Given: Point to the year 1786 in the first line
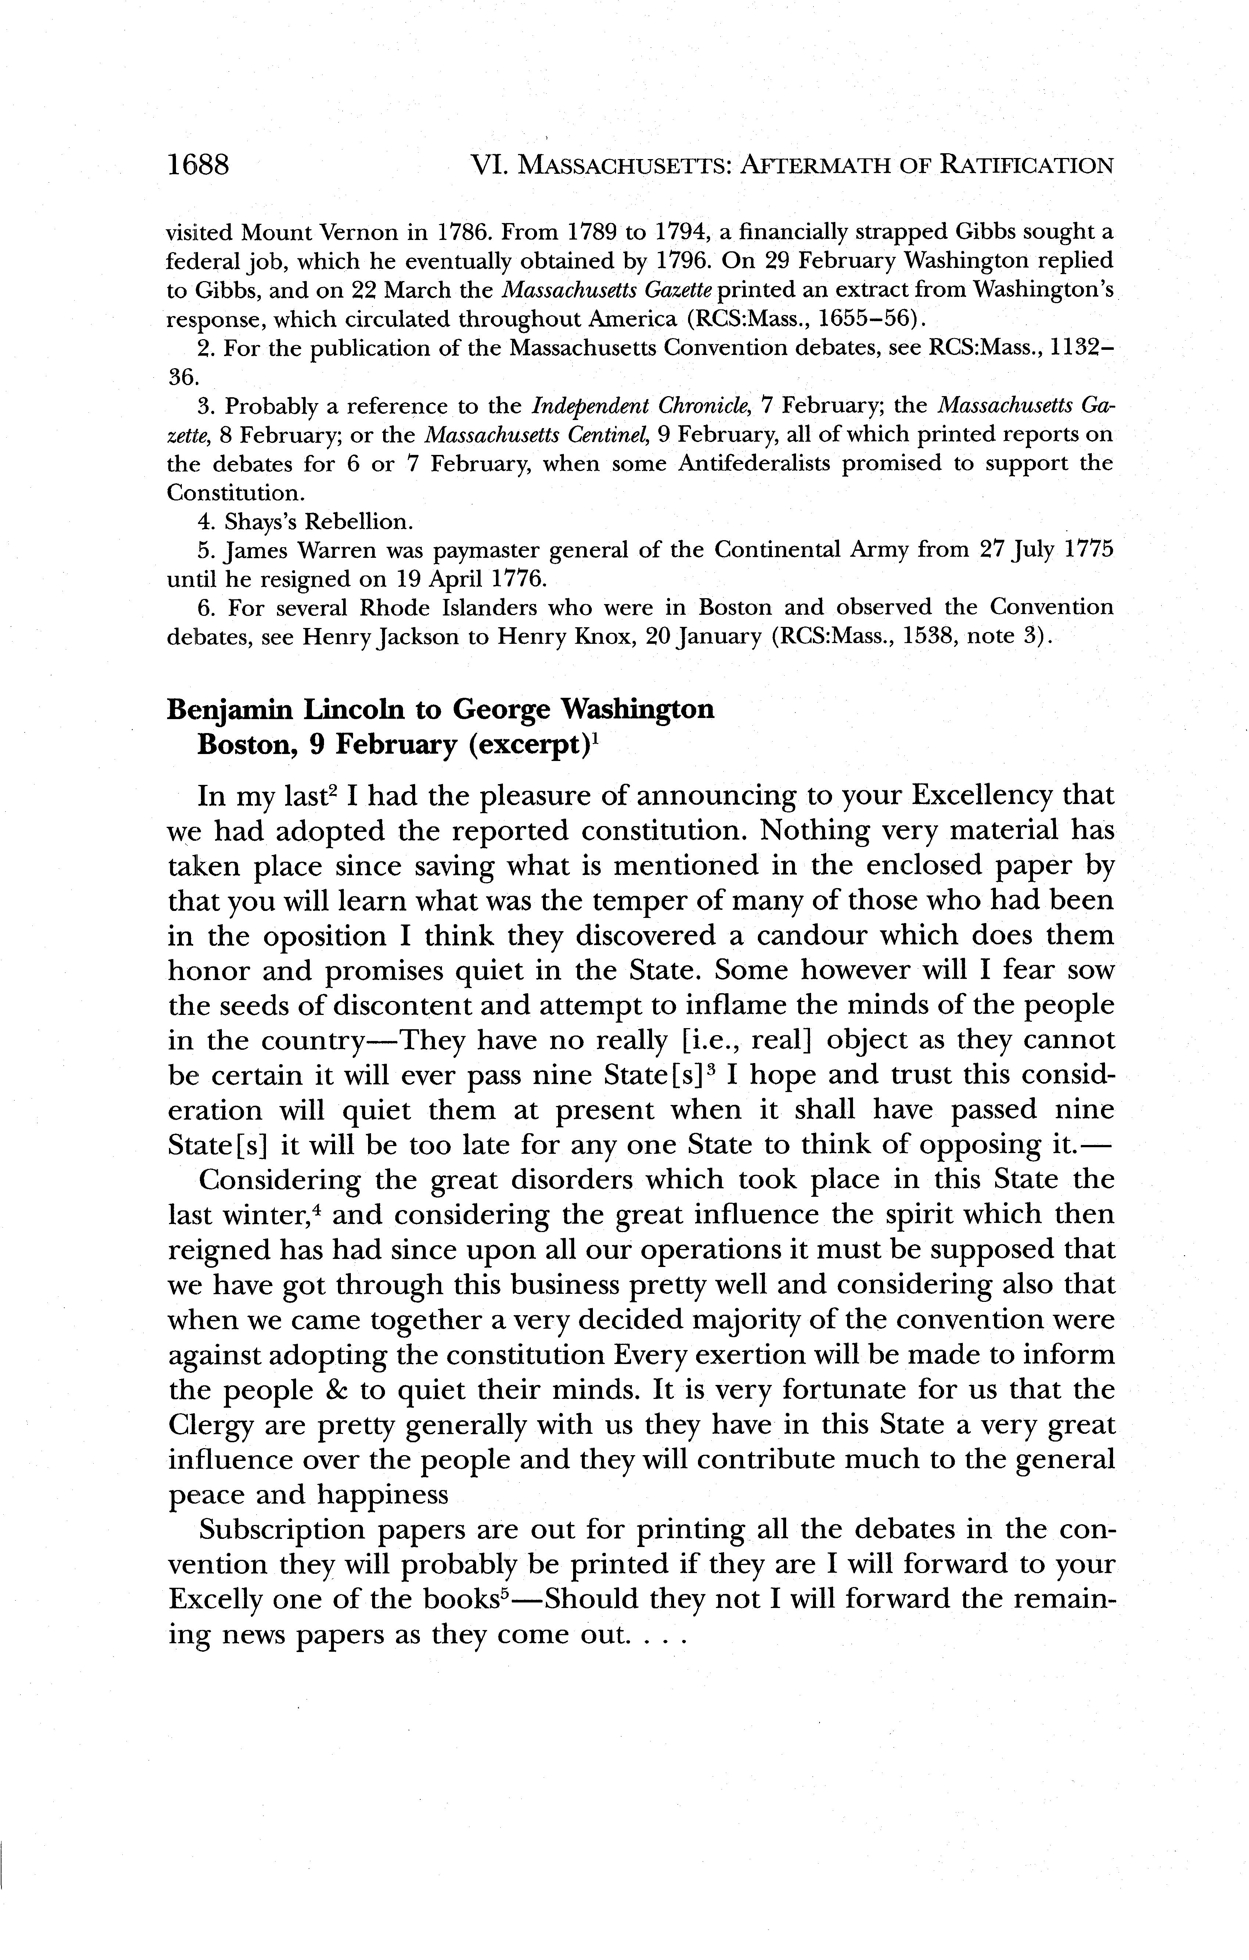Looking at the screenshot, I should pyautogui.click(x=458, y=233).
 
